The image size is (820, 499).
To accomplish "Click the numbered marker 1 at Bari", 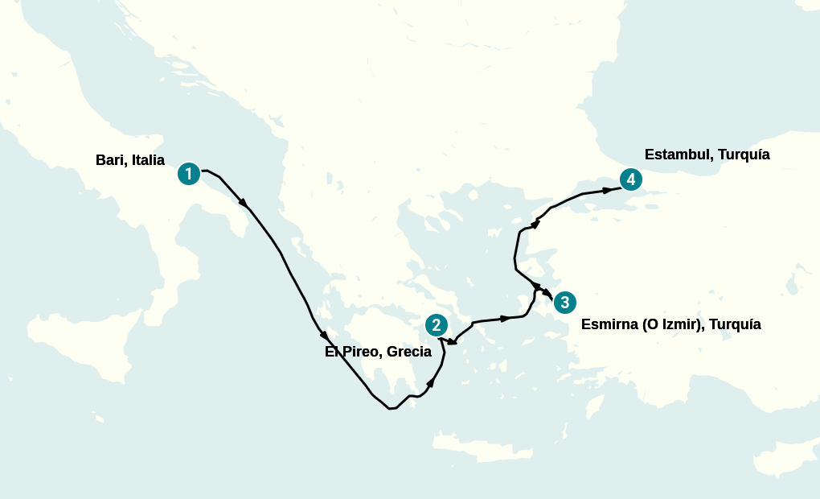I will pyautogui.click(x=188, y=173).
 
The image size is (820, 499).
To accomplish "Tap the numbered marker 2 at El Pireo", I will pyautogui.click(x=436, y=325).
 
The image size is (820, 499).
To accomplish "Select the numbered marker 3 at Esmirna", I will pyautogui.click(x=565, y=303).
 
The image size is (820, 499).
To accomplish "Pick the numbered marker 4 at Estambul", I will pyautogui.click(x=631, y=179).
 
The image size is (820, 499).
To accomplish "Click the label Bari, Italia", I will pyautogui.click(x=129, y=160).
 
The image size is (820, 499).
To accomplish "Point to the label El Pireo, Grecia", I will pyautogui.click(x=378, y=352).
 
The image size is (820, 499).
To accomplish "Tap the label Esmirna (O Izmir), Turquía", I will pyautogui.click(x=670, y=325).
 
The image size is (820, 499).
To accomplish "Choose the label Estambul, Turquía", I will pyautogui.click(x=707, y=155).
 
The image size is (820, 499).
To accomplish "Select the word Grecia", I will pyautogui.click(x=409, y=352).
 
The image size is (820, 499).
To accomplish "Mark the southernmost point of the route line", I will pyautogui.click(x=391, y=409).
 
